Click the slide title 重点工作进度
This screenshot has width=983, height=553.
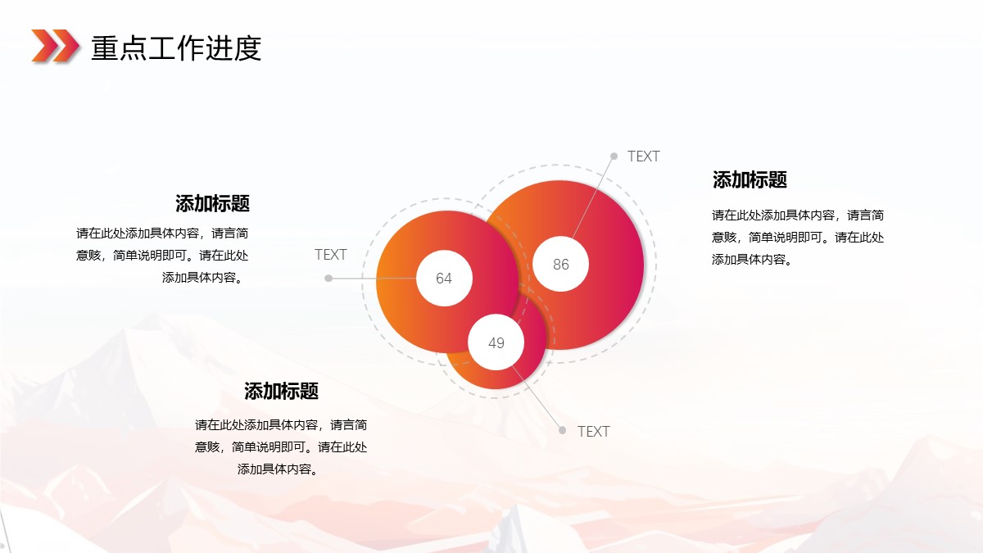tap(176, 48)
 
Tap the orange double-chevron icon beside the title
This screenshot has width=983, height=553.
tap(56, 46)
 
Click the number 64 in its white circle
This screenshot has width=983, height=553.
tap(444, 279)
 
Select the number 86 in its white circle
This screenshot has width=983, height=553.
tap(561, 264)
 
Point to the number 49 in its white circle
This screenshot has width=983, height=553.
tap(496, 342)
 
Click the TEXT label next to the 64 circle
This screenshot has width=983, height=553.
tap(330, 255)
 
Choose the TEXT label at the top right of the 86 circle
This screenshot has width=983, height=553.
tap(643, 156)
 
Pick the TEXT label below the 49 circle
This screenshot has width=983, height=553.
tap(593, 432)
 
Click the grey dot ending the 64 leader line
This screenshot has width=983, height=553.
tap(328, 279)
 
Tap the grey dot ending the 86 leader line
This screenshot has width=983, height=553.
tap(614, 156)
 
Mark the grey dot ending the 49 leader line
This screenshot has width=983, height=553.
tap(562, 431)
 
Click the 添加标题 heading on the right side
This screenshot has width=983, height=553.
tap(750, 180)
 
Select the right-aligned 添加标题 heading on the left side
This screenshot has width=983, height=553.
tap(212, 204)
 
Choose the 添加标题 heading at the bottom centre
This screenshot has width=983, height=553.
tap(281, 391)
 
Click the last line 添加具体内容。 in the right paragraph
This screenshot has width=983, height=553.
tap(752, 260)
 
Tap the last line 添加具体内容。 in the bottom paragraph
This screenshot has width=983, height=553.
tap(279, 469)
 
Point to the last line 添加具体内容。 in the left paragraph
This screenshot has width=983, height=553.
tap(203, 278)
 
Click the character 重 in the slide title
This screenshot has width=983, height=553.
tap(105, 48)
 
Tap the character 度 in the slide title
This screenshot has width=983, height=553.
tap(247, 48)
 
